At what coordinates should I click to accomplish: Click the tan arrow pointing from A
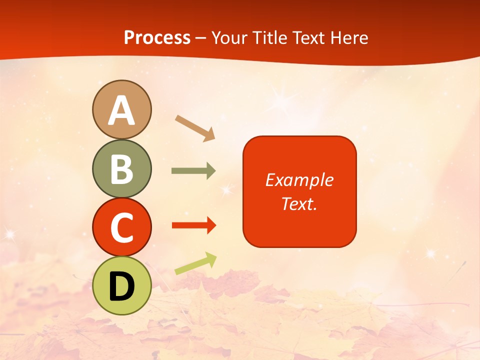click(x=195, y=127)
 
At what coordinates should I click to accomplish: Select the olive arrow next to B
click(x=193, y=171)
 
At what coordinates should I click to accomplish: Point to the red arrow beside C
click(x=193, y=225)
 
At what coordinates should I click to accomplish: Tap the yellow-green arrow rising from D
click(x=195, y=263)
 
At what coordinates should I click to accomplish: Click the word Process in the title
click(x=157, y=37)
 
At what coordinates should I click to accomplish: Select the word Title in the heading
click(x=269, y=37)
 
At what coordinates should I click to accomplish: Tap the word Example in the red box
click(x=299, y=180)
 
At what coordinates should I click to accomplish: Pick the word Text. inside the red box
click(x=299, y=203)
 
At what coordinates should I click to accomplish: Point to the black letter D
click(x=121, y=286)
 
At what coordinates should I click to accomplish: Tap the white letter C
click(x=121, y=228)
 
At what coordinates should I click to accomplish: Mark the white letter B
click(x=121, y=169)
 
